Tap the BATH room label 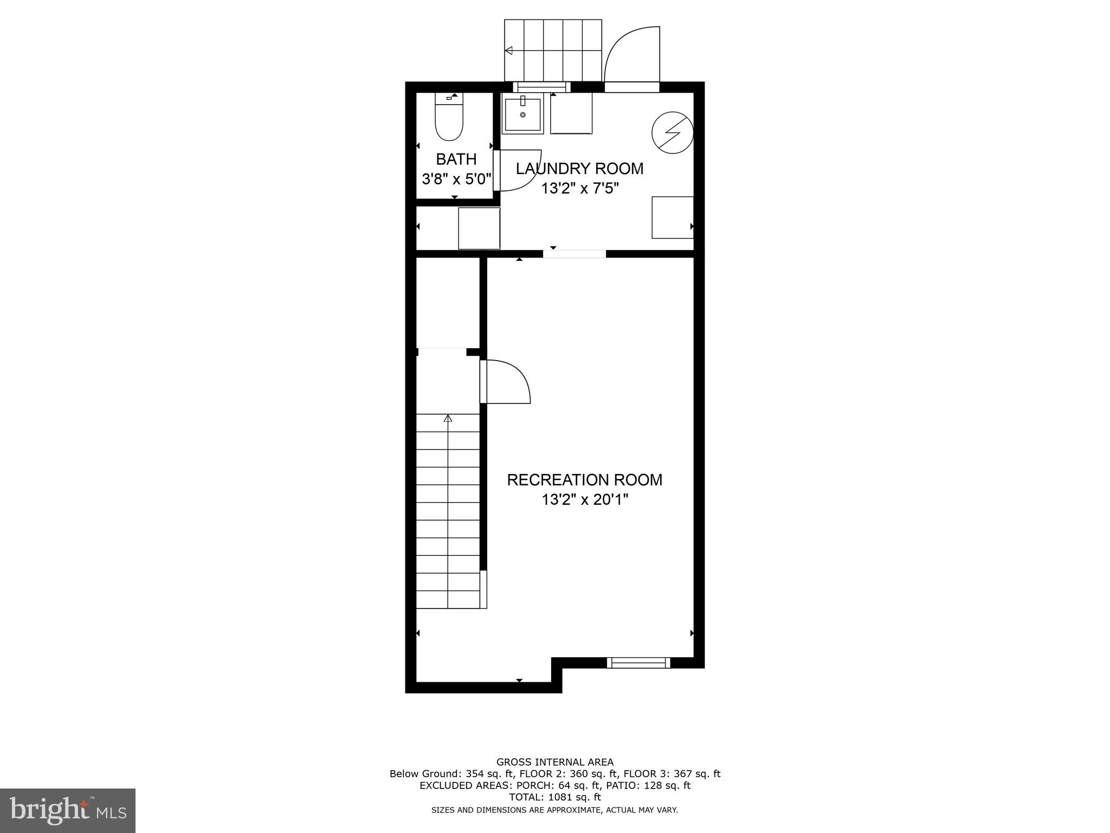(456, 159)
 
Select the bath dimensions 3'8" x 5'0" (456, 179)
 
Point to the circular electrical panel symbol (672, 131)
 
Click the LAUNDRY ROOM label (579, 169)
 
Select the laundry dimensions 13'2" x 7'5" (579, 189)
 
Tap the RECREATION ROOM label (584, 480)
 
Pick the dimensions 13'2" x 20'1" (584, 499)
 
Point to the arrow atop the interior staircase (448, 419)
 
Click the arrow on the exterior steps (509, 51)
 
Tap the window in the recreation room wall (638, 663)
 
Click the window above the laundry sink (541, 87)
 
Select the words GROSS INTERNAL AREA (554, 762)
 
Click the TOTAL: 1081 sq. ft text (554, 797)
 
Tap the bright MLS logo (68, 810)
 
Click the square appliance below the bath (479, 228)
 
